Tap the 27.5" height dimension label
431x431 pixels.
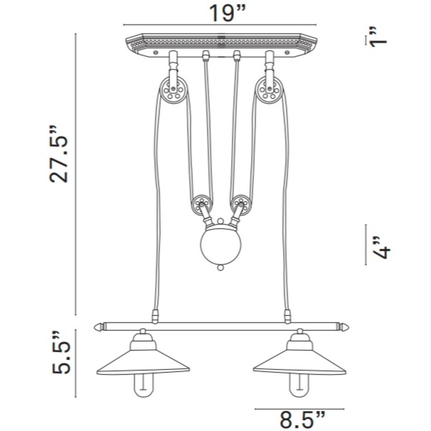(59, 154)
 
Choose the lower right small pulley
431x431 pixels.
(241, 205)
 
